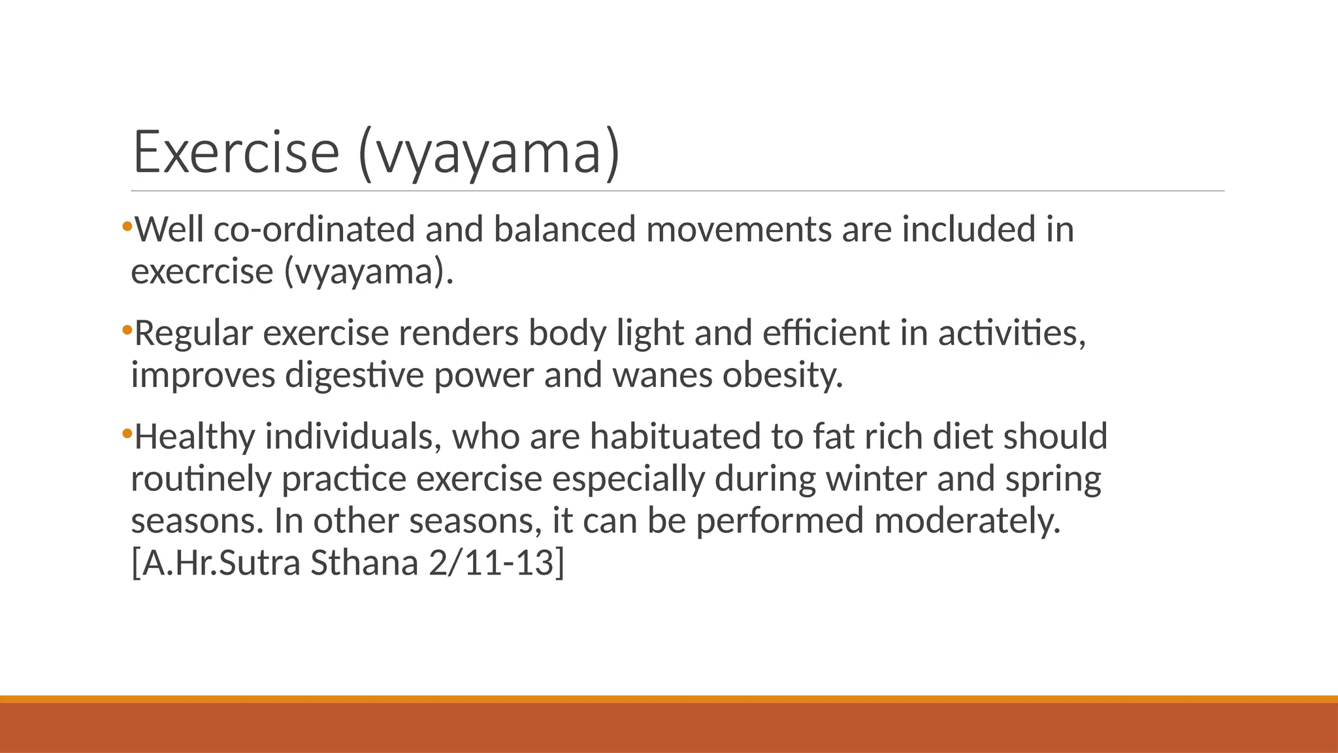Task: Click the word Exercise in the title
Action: point(236,152)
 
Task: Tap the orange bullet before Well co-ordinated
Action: point(127,227)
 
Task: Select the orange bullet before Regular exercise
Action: point(127,330)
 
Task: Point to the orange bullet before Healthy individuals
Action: point(127,433)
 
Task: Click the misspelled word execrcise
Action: point(202,272)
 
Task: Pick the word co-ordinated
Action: point(314,229)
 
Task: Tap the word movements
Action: point(739,229)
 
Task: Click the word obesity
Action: point(782,375)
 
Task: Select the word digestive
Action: point(354,375)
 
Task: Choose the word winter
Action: point(876,478)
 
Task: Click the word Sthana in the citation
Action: point(364,563)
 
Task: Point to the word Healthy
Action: point(195,437)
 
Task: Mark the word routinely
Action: point(201,480)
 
